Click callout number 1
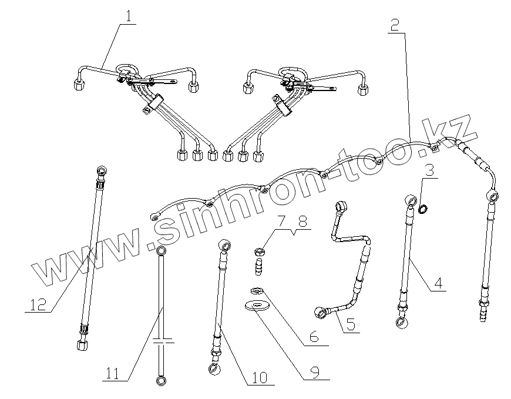(127, 16)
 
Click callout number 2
(395, 25)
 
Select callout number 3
(430, 172)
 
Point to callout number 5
(350, 325)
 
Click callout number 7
(281, 222)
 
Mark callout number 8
(302, 222)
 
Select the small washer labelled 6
(256, 291)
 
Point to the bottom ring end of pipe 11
(160, 381)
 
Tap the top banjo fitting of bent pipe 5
(339, 207)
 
